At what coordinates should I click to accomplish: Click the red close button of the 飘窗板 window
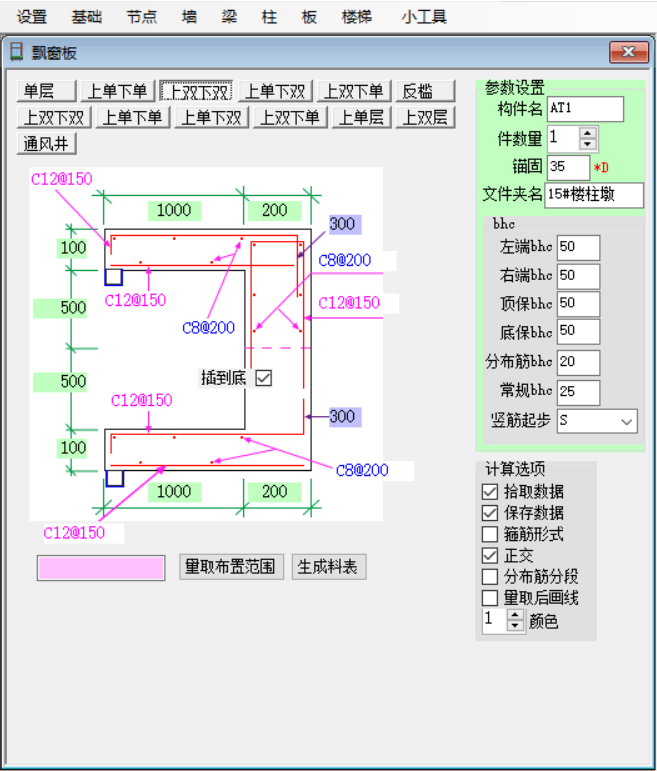(628, 52)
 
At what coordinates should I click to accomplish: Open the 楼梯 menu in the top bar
(357, 17)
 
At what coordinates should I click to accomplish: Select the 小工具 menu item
(424, 17)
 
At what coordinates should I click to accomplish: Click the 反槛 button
(425, 91)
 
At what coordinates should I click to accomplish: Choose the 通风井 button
(46, 144)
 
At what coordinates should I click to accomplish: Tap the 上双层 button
(425, 118)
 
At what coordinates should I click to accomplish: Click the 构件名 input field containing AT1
(585, 109)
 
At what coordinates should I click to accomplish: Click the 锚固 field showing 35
(568, 167)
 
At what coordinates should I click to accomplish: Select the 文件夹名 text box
(594, 195)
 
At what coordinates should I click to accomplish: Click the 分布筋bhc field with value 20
(578, 362)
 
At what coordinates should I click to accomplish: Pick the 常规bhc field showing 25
(578, 392)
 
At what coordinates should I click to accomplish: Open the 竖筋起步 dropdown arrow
(627, 421)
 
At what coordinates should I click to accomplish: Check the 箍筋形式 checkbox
(490, 534)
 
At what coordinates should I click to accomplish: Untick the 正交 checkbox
(490, 556)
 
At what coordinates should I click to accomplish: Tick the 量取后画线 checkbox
(490, 598)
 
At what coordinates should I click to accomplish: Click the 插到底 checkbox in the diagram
(264, 378)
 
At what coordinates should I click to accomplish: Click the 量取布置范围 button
(231, 567)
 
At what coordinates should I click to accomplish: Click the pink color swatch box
(101, 568)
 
